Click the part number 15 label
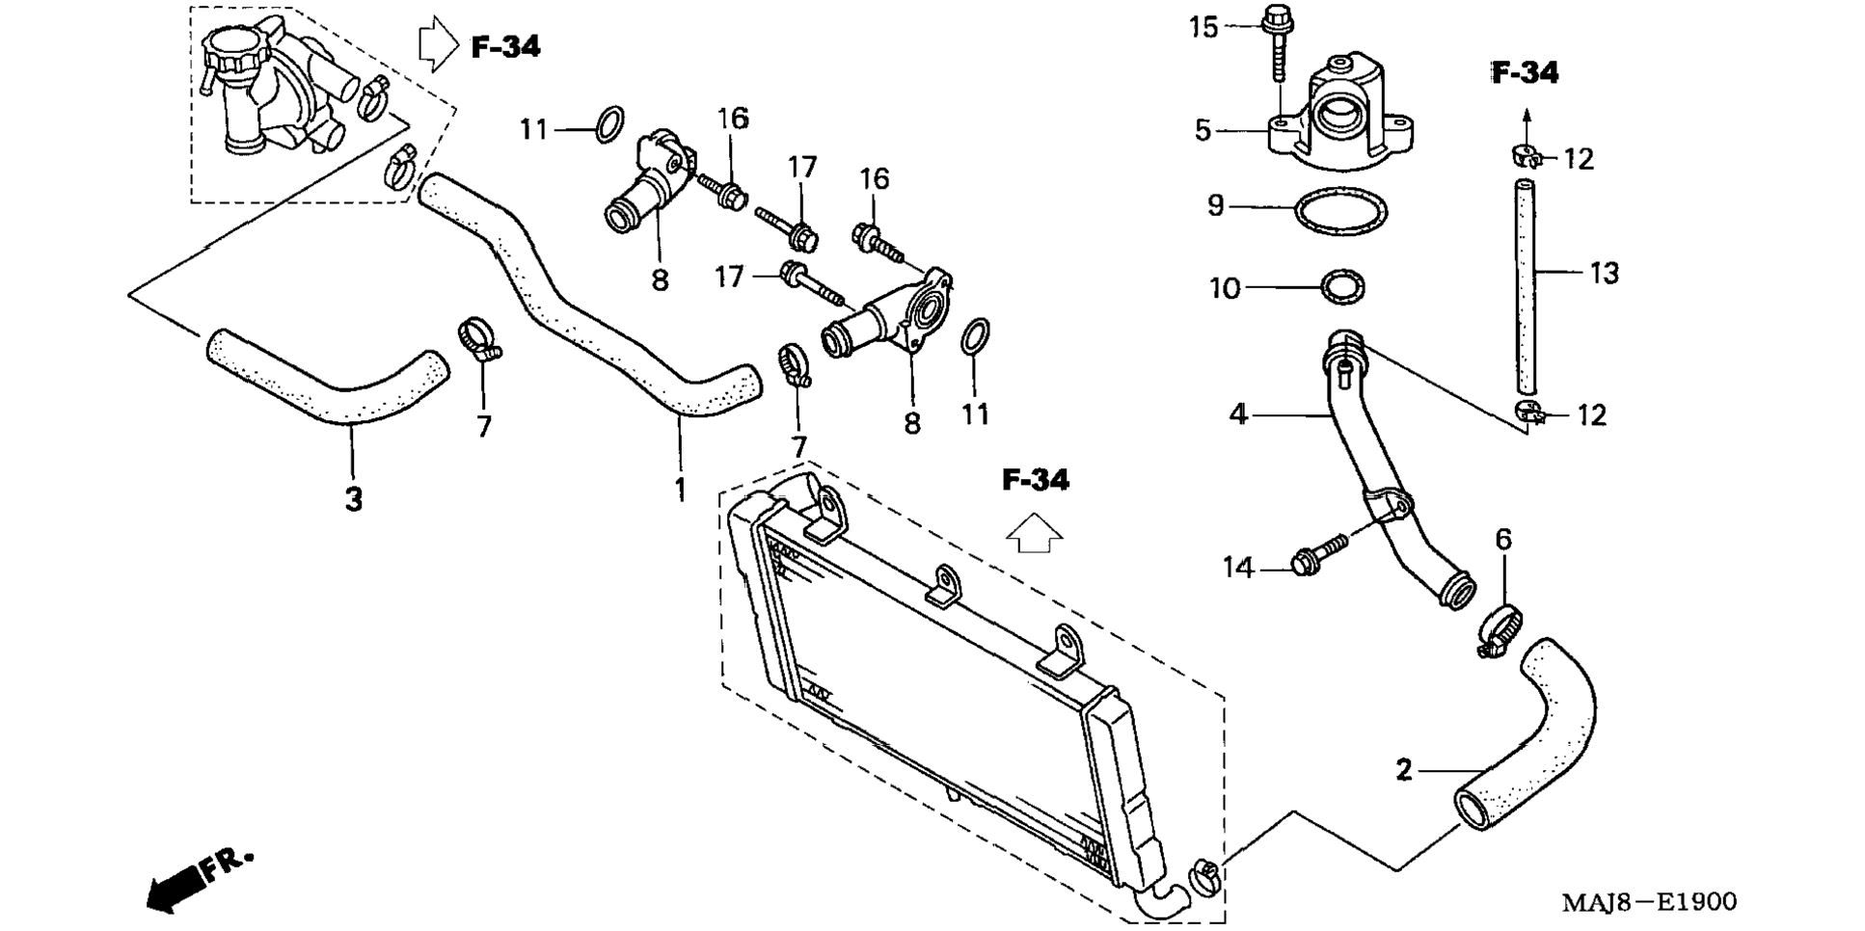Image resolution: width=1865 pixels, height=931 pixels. [1203, 27]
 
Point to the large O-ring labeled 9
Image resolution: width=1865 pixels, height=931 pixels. [1340, 211]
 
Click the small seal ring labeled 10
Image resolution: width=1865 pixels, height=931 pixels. [1341, 287]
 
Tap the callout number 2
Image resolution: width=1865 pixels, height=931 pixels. [1404, 770]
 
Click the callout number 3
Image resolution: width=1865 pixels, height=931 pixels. [354, 499]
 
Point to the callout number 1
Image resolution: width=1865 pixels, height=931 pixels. [680, 490]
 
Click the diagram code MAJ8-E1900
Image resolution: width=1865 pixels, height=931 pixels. [1649, 902]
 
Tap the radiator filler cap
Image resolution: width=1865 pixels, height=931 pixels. [231, 46]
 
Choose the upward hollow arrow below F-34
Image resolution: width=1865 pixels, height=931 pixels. [1034, 532]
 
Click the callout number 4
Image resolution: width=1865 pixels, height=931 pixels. [1238, 414]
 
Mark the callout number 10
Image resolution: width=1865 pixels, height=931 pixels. [1225, 288]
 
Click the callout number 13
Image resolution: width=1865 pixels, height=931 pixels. [1604, 274]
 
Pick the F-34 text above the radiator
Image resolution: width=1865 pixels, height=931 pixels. [1036, 480]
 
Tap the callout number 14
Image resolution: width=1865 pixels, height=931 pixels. [1238, 569]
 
